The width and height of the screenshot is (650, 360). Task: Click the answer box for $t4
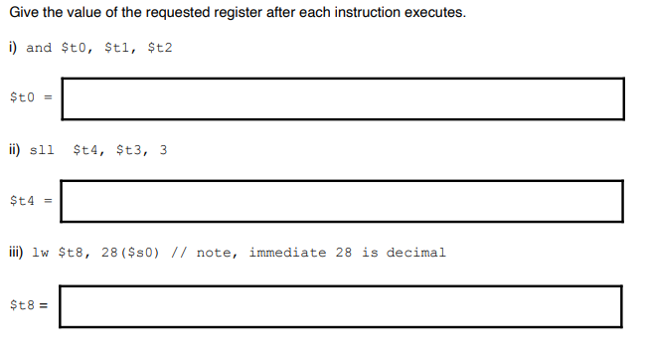tap(341, 201)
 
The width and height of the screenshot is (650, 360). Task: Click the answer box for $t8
tap(341, 305)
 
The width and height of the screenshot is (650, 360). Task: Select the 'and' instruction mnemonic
tap(39, 48)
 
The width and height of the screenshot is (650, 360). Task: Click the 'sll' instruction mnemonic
tap(43, 151)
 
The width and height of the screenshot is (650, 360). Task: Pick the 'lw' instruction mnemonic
tap(41, 253)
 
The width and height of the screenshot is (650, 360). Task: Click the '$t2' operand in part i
tap(159, 48)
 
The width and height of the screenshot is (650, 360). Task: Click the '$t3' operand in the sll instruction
tap(129, 151)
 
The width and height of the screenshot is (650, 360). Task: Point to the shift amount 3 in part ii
tap(163, 151)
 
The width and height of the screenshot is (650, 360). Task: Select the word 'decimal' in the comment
tap(418, 253)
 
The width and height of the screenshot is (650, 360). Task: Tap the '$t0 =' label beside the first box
tap(29, 97)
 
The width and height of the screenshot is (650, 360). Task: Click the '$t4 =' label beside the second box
tap(29, 201)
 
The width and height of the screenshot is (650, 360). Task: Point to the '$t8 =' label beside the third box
tap(29, 305)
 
